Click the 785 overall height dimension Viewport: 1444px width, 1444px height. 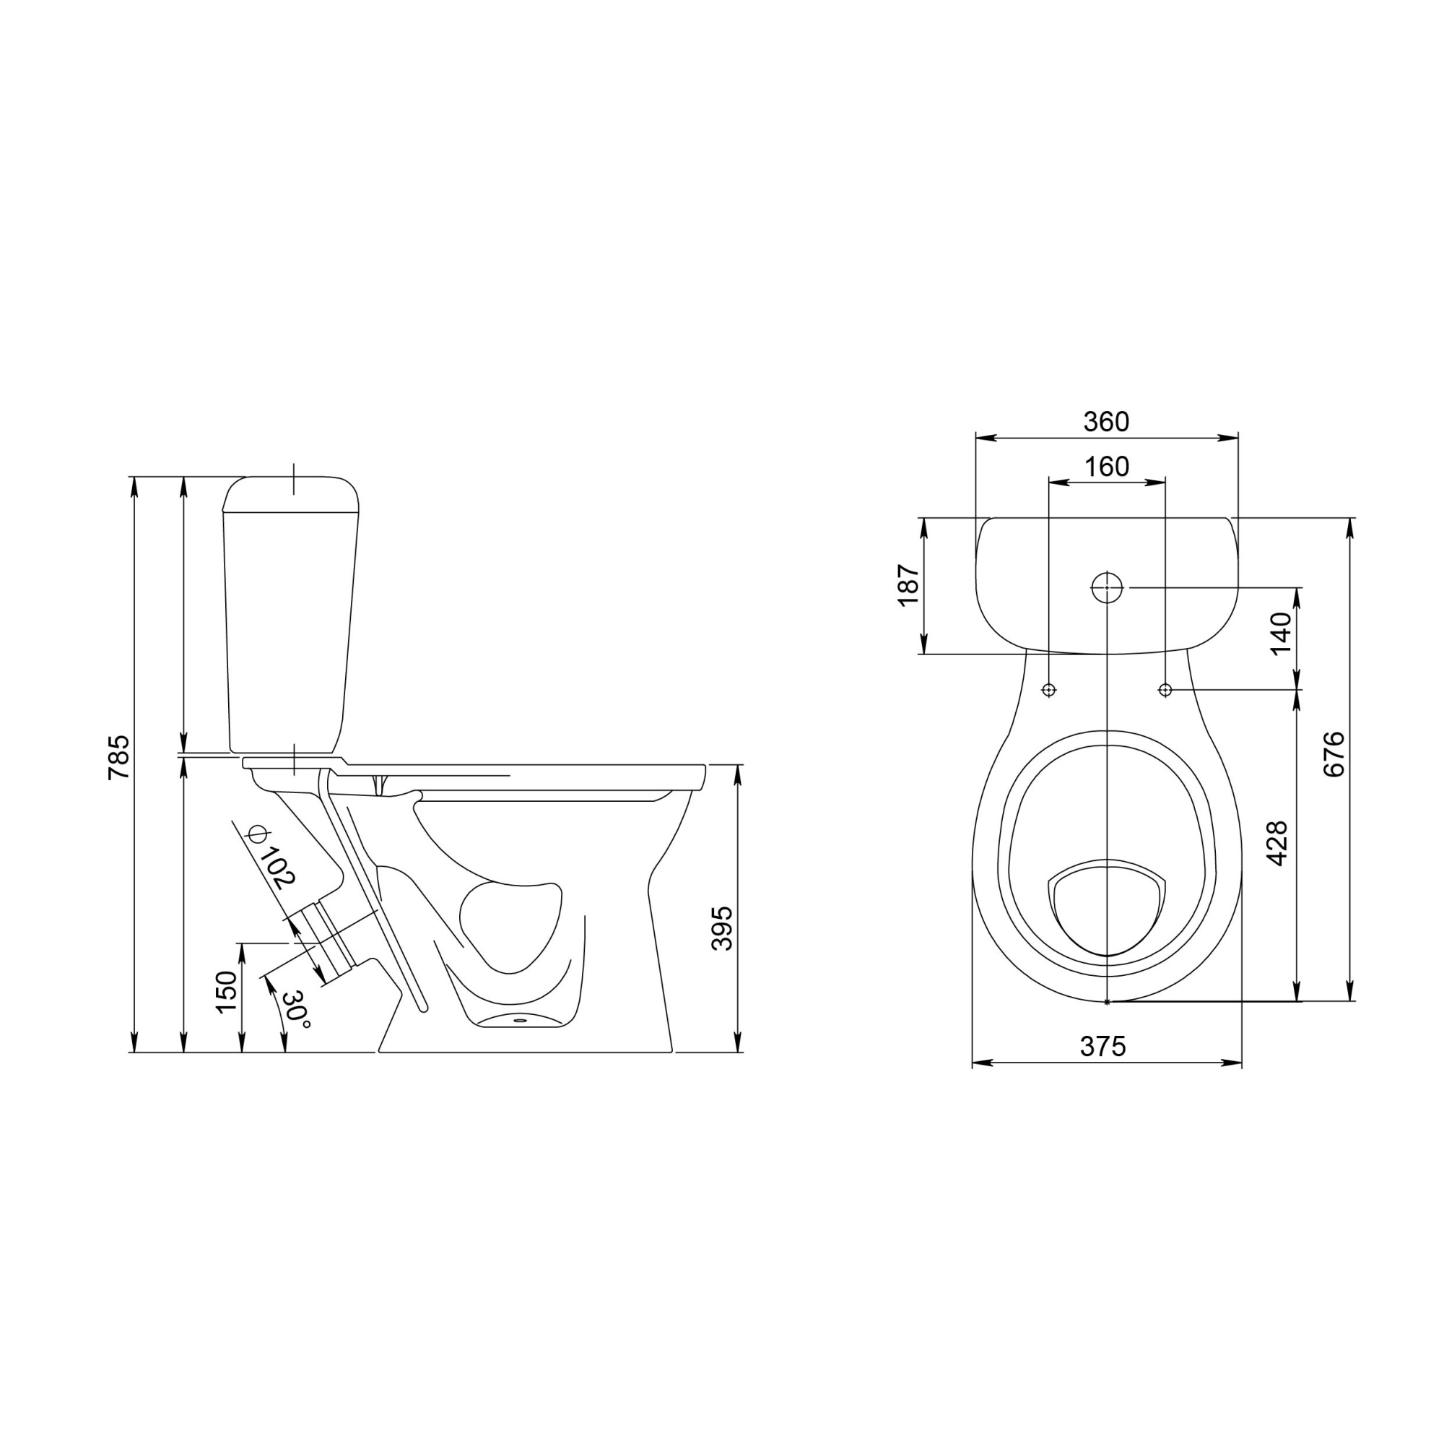[119, 758]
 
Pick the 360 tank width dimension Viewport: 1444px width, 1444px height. [1106, 422]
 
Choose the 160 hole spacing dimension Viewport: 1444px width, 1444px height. [1106, 467]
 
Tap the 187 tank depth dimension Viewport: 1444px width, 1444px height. [908, 585]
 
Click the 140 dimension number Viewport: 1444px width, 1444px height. [1281, 632]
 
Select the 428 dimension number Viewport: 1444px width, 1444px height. [1277, 843]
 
